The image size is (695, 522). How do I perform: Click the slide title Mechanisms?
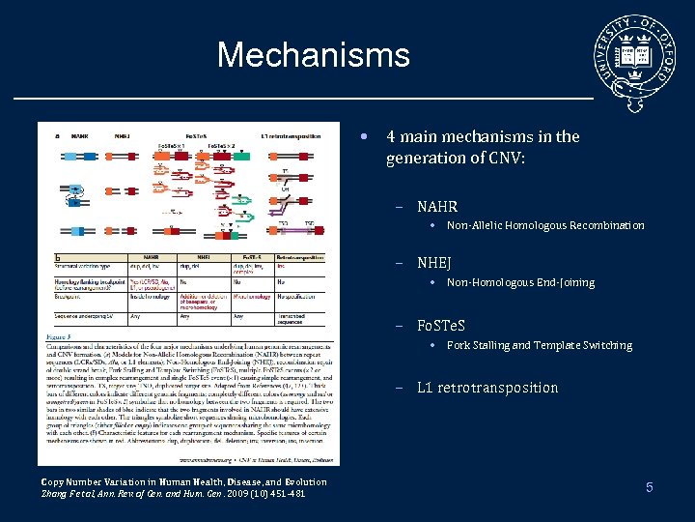tap(313, 55)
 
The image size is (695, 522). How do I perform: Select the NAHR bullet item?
tap(437, 206)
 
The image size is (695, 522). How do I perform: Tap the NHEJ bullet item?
tap(434, 263)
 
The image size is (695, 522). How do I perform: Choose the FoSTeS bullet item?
tap(441, 325)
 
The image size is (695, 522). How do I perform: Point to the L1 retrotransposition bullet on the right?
tap(487, 388)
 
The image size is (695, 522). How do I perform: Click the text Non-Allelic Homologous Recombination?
tap(545, 225)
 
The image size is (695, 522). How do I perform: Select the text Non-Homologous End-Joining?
tap(520, 283)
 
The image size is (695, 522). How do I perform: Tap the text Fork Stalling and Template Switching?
tap(540, 345)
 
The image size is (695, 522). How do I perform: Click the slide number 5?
tap(650, 488)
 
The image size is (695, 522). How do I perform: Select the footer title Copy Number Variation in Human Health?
tap(183, 481)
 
